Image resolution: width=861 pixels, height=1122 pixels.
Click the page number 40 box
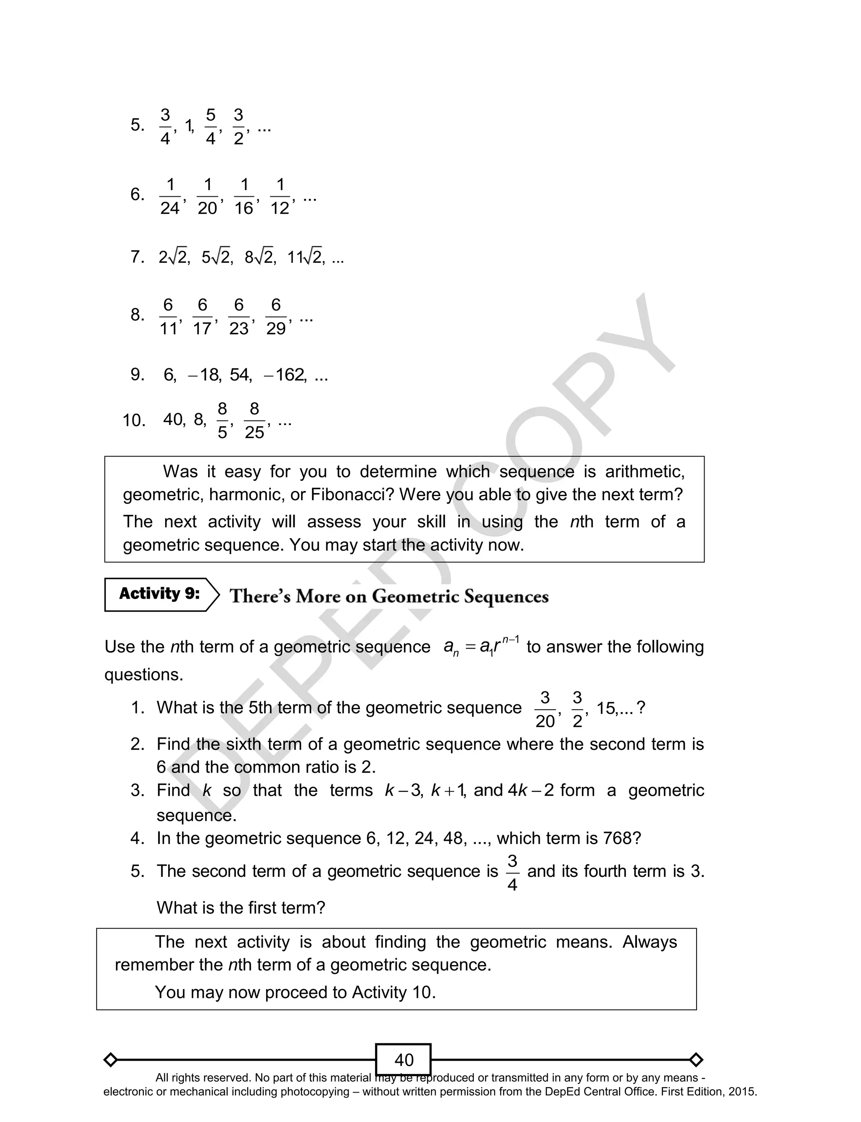403,1059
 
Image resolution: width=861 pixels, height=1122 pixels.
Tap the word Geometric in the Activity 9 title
416,597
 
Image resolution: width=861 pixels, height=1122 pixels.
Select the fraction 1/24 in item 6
170,196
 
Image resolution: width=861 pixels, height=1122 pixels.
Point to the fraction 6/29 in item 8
276,317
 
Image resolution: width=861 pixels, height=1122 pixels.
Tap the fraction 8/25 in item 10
254,421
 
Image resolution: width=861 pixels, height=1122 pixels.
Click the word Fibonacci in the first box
352,494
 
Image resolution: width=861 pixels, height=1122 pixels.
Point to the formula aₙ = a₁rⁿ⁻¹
481,647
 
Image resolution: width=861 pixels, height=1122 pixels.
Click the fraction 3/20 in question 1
545,709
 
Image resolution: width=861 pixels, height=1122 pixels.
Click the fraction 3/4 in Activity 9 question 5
512,872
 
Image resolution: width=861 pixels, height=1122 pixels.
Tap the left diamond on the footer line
110,1059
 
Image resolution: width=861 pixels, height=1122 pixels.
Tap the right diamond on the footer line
696,1059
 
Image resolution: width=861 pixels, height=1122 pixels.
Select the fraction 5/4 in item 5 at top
211,127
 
